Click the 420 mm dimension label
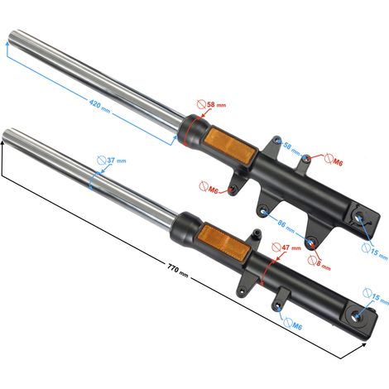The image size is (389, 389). pos(99,106)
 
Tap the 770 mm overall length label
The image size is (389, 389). pos(178,271)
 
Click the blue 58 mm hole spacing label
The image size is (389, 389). pos(291,147)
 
